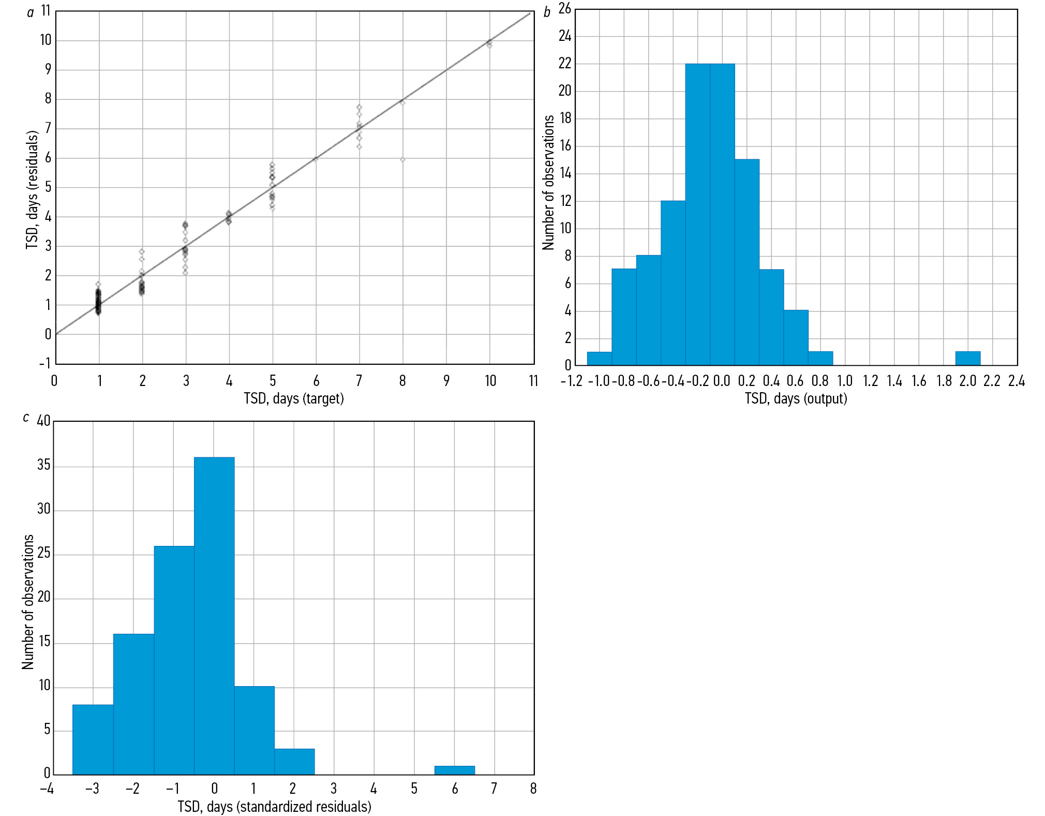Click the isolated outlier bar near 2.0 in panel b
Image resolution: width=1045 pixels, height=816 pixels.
click(x=967, y=359)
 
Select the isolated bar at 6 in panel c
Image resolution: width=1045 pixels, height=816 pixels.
click(x=455, y=770)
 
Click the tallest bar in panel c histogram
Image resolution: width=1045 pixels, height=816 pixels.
click(x=214, y=616)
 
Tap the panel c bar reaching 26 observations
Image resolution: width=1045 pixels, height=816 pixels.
click(x=174, y=660)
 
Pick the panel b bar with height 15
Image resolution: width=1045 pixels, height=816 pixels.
click(x=747, y=262)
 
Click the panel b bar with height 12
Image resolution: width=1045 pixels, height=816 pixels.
click(x=673, y=283)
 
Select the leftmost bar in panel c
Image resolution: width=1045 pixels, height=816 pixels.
click(x=93, y=739)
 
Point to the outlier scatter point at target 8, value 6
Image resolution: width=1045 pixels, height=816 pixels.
click(x=402, y=159)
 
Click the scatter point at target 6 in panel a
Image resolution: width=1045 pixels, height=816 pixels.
click(x=316, y=159)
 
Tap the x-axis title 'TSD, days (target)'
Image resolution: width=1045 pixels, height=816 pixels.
click(x=294, y=398)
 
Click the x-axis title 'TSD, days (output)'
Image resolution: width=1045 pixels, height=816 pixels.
click(x=796, y=398)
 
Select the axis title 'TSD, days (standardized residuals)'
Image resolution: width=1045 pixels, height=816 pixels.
click(x=274, y=807)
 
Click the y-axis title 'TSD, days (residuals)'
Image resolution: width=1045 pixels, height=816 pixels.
click(x=32, y=189)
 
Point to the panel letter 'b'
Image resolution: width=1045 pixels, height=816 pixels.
click(x=547, y=13)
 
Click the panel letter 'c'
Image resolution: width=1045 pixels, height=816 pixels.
click(x=26, y=418)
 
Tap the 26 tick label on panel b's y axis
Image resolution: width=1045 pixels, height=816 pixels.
click(x=564, y=9)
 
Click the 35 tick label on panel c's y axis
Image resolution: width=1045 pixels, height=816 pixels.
click(x=44, y=465)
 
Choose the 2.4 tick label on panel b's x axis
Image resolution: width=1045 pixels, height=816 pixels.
click(x=1016, y=381)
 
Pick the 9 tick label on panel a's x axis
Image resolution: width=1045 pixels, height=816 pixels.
click(x=446, y=381)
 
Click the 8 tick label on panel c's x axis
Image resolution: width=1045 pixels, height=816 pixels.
click(x=533, y=789)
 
